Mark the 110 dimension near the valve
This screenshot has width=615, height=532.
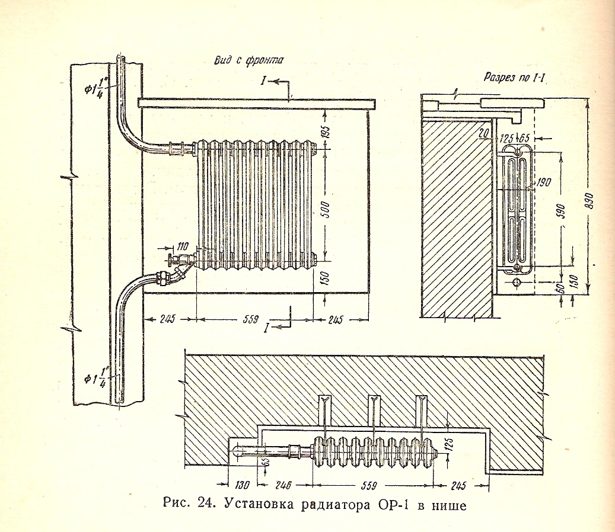[x=182, y=244]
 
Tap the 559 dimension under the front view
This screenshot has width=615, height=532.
[x=251, y=320]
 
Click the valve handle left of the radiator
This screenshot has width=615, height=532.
[x=170, y=258]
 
